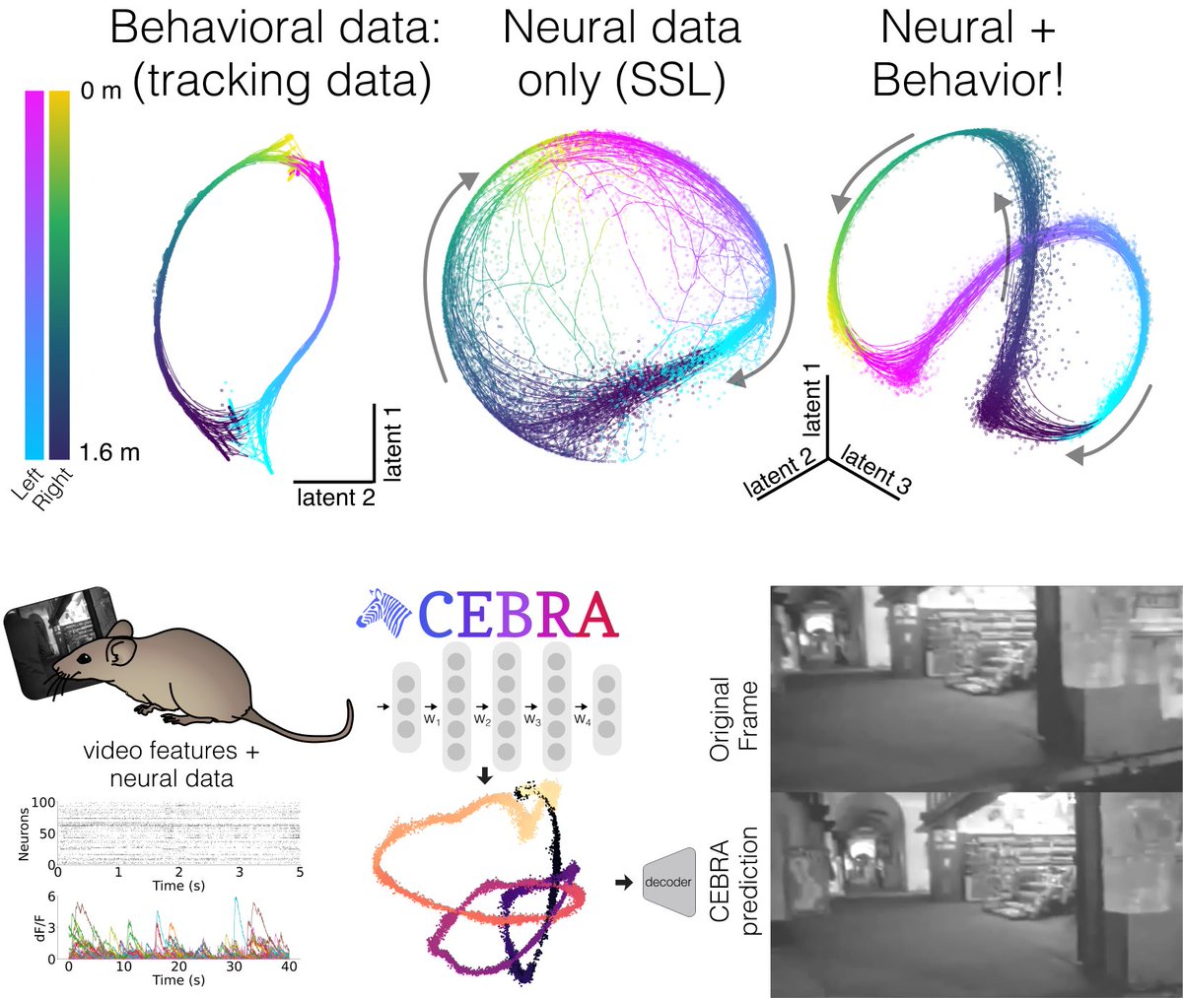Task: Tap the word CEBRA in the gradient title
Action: pos(519,613)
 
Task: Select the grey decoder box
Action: pos(666,882)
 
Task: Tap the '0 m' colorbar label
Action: pos(101,91)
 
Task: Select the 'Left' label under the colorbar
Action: pos(31,482)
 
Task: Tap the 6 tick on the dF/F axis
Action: pos(49,898)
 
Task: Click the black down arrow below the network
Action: pos(485,775)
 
